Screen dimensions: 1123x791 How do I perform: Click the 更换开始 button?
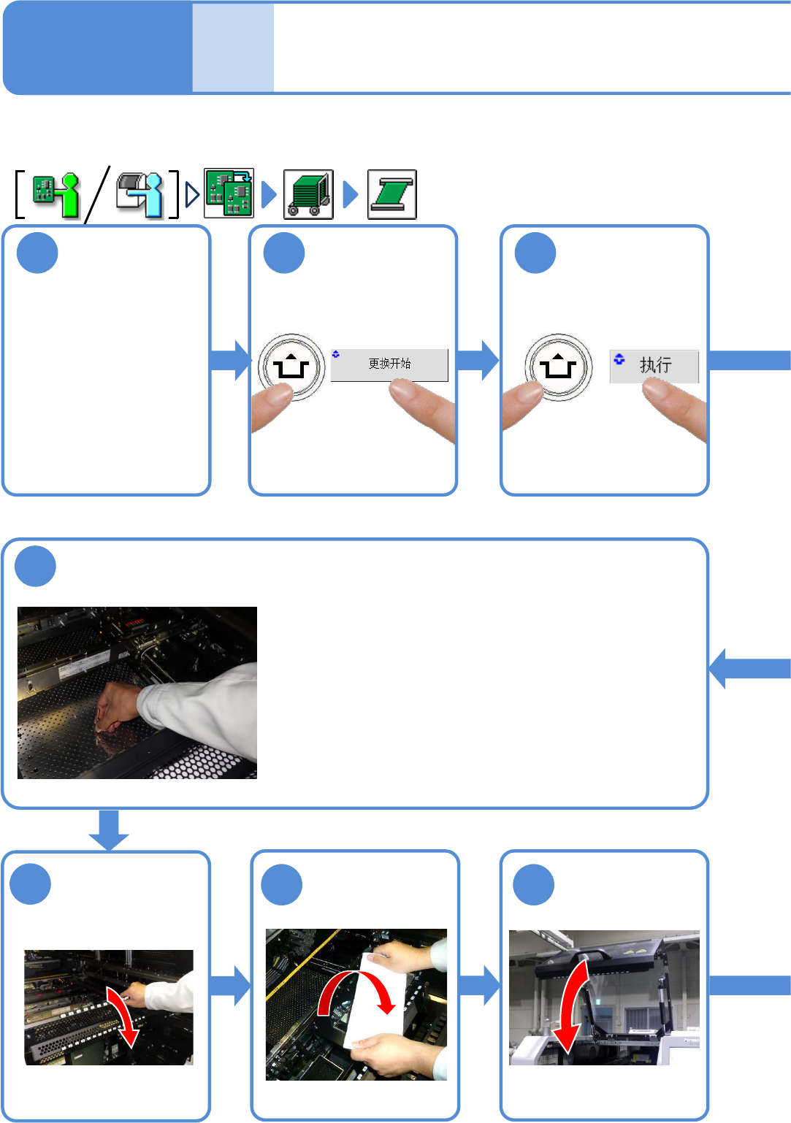(x=389, y=364)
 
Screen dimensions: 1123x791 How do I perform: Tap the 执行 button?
(x=654, y=366)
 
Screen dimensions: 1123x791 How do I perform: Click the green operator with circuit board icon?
(x=56, y=194)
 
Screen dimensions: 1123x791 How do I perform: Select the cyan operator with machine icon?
(x=140, y=194)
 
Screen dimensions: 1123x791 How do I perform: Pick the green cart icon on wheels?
(x=308, y=194)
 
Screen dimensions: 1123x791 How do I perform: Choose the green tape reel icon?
(x=392, y=194)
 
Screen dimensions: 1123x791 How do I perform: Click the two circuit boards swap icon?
(x=229, y=193)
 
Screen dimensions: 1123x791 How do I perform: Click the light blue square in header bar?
(x=233, y=48)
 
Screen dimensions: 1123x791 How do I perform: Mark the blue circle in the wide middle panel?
(x=35, y=567)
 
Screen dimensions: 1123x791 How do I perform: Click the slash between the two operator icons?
(x=97, y=194)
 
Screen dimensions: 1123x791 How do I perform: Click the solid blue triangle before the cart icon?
(x=269, y=194)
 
